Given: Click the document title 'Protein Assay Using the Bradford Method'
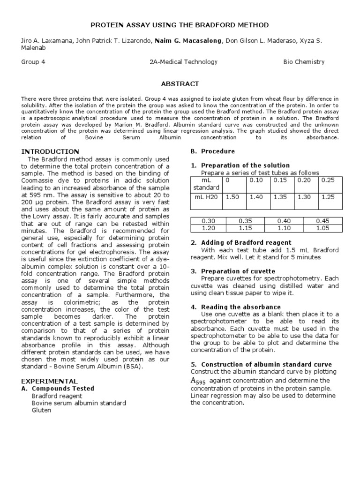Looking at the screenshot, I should click(x=180, y=24).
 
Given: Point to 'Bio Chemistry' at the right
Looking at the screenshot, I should click(x=304, y=62).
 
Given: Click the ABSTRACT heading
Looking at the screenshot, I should click(x=180, y=84).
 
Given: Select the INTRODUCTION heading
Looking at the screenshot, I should click(x=50, y=151).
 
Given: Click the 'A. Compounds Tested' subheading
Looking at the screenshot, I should click(x=58, y=389).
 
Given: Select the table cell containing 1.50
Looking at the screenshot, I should click(x=232, y=197).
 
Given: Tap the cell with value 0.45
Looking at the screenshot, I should click(x=322, y=221).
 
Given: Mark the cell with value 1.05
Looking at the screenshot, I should click(x=322, y=228).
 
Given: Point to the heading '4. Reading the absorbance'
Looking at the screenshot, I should click(x=235, y=307).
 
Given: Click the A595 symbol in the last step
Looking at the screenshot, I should click(x=198, y=381).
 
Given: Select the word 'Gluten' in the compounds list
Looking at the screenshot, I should click(x=41, y=410).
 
